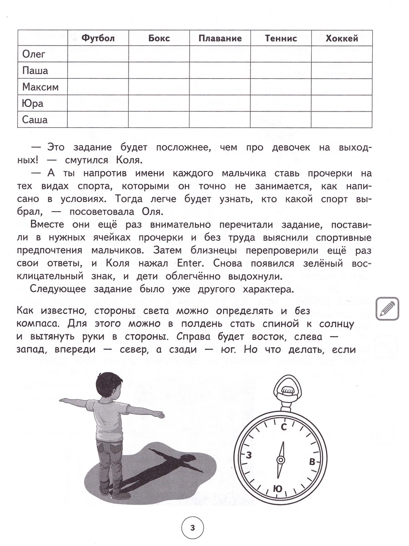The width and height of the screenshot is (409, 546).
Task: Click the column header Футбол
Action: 98,38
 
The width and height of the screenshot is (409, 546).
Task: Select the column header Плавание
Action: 220,38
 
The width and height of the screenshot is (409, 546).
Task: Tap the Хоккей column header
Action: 342,38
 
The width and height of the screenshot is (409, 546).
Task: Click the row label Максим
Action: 40,87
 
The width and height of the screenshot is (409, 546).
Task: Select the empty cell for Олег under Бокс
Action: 159,55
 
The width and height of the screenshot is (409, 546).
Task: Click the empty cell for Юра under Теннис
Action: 280,104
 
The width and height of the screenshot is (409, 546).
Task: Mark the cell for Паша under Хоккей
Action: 342,71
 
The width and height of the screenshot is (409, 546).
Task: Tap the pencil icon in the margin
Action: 387,309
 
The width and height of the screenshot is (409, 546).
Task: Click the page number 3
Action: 192,528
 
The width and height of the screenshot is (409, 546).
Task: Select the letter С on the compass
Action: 284,427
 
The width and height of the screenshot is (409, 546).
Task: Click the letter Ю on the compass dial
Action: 278,488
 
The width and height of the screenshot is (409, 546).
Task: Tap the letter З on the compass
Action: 249,455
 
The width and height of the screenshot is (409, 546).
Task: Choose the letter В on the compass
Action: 312,461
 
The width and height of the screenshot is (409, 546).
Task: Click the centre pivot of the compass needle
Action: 281,460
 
